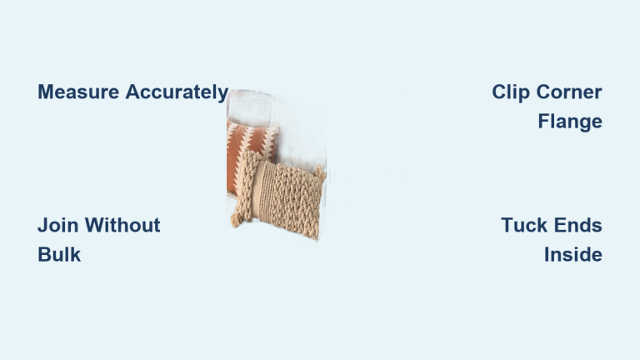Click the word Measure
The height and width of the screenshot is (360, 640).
tap(78, 92)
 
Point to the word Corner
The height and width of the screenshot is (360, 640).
tap(569, 92)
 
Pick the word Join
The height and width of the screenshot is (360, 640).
tap(58, 225)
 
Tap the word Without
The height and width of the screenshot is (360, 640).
tap(122, 225)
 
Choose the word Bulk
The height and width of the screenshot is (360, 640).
tap(59, 254)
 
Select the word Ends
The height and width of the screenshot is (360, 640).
tap(578, 225)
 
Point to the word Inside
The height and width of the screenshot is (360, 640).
tap(573, 254)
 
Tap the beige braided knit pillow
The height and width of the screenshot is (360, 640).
tap(280, 195)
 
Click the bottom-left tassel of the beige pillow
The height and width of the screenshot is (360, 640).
tap(237, 220)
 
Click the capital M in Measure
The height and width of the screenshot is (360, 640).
tap(46, 92)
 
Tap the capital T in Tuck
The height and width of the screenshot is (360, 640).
tap(507, 225)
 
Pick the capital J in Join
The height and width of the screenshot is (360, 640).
tap(42, 225)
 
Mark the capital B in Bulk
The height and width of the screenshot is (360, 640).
tap(44, 254)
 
